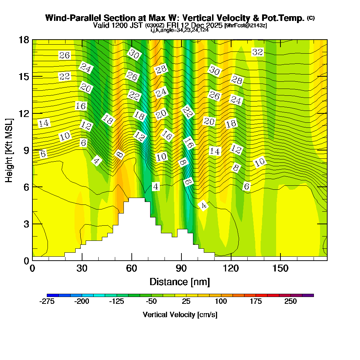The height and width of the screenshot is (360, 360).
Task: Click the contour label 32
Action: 257,52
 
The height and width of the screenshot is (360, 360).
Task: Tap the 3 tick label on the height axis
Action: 26,224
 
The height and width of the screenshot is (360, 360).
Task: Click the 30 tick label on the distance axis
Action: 82,268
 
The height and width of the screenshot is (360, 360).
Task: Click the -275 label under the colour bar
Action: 47,301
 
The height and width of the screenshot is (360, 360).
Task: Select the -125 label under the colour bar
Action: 116,301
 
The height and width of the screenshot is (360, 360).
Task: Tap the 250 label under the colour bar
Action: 291,301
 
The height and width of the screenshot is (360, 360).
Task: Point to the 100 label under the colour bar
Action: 221,301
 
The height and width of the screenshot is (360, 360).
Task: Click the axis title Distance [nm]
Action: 180,282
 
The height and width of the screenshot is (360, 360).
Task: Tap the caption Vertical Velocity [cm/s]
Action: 180,315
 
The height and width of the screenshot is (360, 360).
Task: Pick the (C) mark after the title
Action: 311,18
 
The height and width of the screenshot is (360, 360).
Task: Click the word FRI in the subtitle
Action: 173,25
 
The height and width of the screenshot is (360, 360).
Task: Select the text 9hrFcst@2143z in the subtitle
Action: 246,26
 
